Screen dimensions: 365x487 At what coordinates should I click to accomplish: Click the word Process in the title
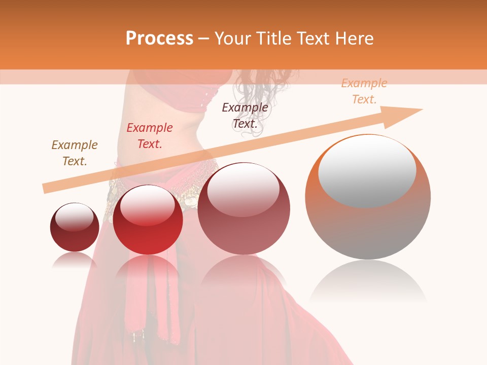coord(159,39)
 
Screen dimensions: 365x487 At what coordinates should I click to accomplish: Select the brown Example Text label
coord(75,153)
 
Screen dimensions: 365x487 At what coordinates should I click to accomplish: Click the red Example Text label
coord(150,135)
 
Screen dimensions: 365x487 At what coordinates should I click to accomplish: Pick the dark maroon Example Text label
coord(245,115)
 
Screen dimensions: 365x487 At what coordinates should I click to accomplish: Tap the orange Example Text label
coord(364,91)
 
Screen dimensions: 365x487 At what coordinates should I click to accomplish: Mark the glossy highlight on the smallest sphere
coord(74,216)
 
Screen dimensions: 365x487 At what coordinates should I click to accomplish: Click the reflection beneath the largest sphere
coord(368,284)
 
